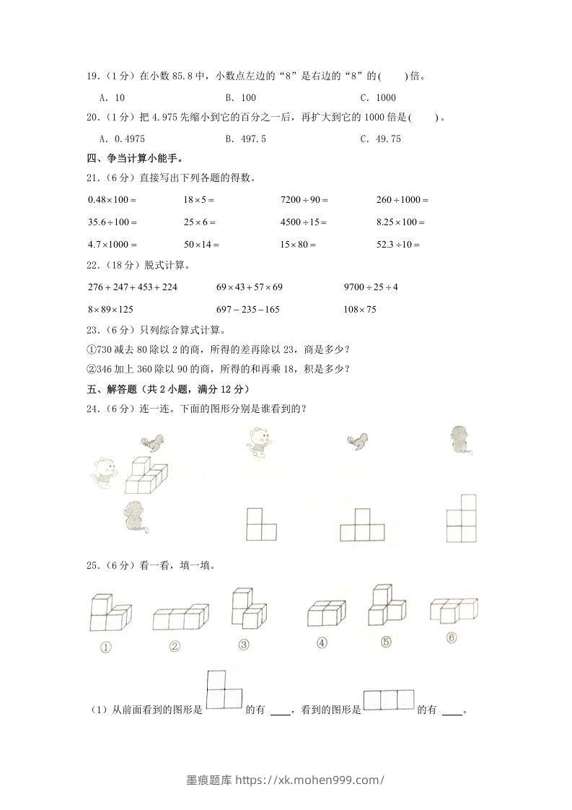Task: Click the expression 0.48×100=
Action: (112, 199)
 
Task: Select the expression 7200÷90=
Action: (304, 199)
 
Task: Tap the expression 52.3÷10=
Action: (398, 245)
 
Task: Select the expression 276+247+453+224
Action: (132, 287)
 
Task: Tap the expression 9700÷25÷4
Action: (371, 287)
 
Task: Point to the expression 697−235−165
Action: (247, 310)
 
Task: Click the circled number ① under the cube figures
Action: (105, 647)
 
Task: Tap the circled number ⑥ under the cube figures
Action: (452, 638)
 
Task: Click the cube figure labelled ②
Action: (180, 618)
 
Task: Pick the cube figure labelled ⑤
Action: (386, 606)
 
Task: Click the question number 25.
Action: (92, 565)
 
